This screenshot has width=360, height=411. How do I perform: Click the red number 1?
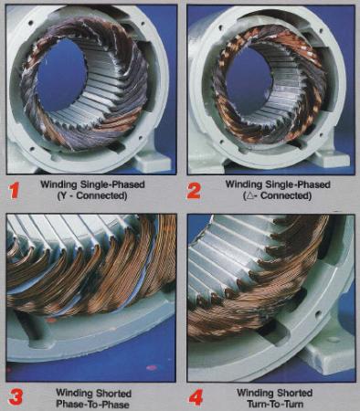click(x=14, y=190)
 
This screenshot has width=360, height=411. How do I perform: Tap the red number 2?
click(x=194, y=190)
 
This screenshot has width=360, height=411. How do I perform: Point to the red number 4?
click(x=196, y=398)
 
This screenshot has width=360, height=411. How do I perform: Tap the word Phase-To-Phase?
click(x=92, y=405)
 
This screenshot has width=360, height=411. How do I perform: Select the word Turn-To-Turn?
click(x=275, y=405)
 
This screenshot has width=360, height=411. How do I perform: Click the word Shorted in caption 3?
click(x=114, y=394)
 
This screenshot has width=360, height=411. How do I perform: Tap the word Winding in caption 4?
click(x=255, y=393)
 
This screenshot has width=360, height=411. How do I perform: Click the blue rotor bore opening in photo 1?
click(x=60, y=74)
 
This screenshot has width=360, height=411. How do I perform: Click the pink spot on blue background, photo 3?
click(x=152, y=368)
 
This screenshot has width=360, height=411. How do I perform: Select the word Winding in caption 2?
click(x=244, y=184)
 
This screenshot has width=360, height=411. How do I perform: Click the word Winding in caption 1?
click(x=59, y=184)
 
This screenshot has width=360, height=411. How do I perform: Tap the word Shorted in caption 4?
click(x=294, y=393)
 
